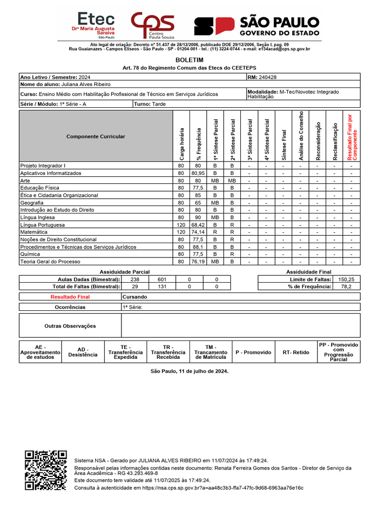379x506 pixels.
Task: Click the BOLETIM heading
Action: click(189, 60)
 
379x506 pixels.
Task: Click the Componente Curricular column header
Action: click(96, 136)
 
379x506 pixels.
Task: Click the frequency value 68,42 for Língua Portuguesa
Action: click(198, 225)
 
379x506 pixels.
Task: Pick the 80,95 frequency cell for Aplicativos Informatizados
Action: click(198, 173)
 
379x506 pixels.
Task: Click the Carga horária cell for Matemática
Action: click(181, 232)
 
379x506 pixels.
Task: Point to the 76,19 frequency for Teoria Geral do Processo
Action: click(198, 261)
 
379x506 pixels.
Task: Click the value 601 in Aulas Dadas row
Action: click(162, 279)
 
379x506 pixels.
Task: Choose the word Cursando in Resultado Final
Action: click(135, 297)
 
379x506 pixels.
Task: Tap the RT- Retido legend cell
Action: click(296, 352)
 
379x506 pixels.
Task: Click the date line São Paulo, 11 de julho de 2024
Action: click(189, 371)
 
